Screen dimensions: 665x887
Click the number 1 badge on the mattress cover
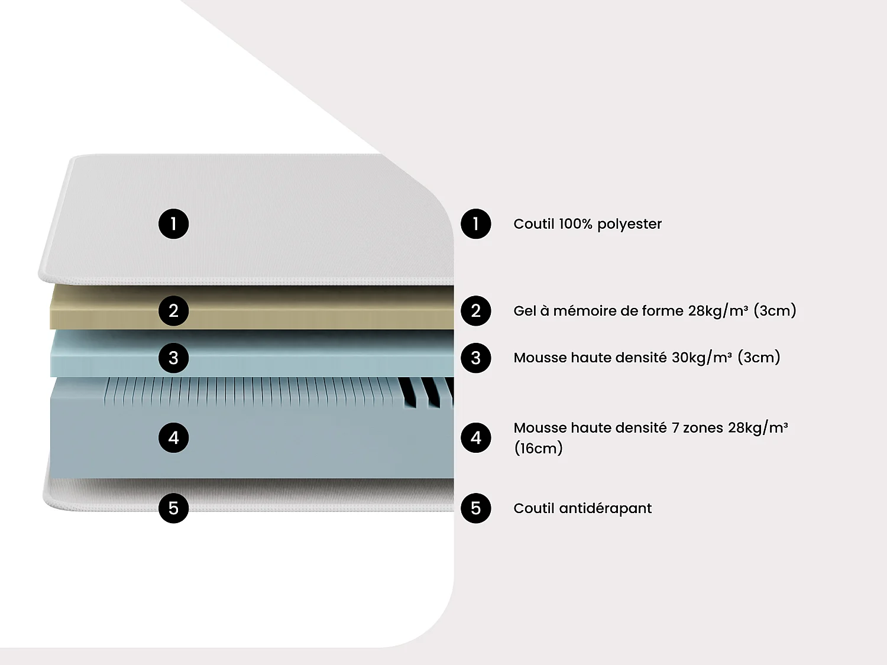(x=173, y=224)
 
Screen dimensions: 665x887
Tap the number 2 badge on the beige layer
(x=173, y=311)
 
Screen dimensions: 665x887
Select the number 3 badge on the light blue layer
(x=173, y=358)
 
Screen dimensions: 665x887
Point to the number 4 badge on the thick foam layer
(x=173, y=438)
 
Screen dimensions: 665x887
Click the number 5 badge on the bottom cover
(x=173, y=508)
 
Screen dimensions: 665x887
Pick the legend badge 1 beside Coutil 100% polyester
(x=476, y=224)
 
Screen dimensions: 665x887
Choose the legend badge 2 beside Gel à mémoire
(x=476, y=311)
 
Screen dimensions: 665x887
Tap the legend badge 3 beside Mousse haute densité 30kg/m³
(x=476, y=358)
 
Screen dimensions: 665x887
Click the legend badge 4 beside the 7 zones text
(x=476, y=438)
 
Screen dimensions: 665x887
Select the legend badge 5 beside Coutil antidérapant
(x=476, y=508)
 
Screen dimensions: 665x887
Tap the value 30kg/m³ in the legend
(x=702, y=358)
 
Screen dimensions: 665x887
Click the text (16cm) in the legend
(x=538, y=448)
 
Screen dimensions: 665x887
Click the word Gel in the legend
(x=525, y=311)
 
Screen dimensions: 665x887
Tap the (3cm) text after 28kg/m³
(x=775, y=311)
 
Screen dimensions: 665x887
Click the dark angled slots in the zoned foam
(x=427, y=391)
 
